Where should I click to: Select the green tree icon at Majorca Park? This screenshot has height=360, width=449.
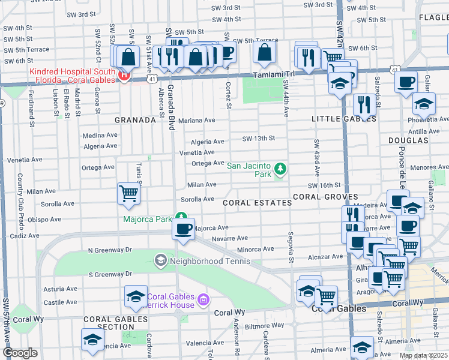[181, 218]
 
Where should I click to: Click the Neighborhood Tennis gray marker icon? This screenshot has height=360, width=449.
[160, 260]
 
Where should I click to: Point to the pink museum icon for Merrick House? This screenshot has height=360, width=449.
[203, 299]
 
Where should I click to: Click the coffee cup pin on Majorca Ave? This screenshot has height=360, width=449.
[183, 228]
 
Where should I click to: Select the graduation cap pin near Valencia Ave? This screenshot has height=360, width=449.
[92, 339]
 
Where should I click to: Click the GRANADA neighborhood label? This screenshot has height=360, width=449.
[135, 120]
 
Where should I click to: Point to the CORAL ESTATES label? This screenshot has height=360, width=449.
[257, 203]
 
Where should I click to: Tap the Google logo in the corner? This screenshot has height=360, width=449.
[20, 353]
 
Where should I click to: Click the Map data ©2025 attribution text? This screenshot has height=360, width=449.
[423, 356]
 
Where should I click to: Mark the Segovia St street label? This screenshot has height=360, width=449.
[291, 247]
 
